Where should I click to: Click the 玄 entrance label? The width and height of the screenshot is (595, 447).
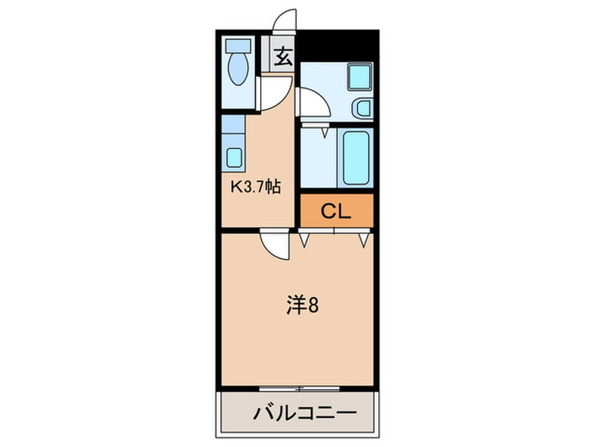[x=283, y=58]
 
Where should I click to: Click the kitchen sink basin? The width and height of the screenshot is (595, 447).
[x=235, y=158]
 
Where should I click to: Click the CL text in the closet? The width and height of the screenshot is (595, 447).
[x=336, y=212]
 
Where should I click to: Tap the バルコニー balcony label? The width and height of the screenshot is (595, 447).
[x=303, y=415]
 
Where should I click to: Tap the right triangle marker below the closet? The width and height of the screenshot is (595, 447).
[x=364, y=239]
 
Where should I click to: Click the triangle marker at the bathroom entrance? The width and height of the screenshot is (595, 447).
[x=326, y=131]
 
